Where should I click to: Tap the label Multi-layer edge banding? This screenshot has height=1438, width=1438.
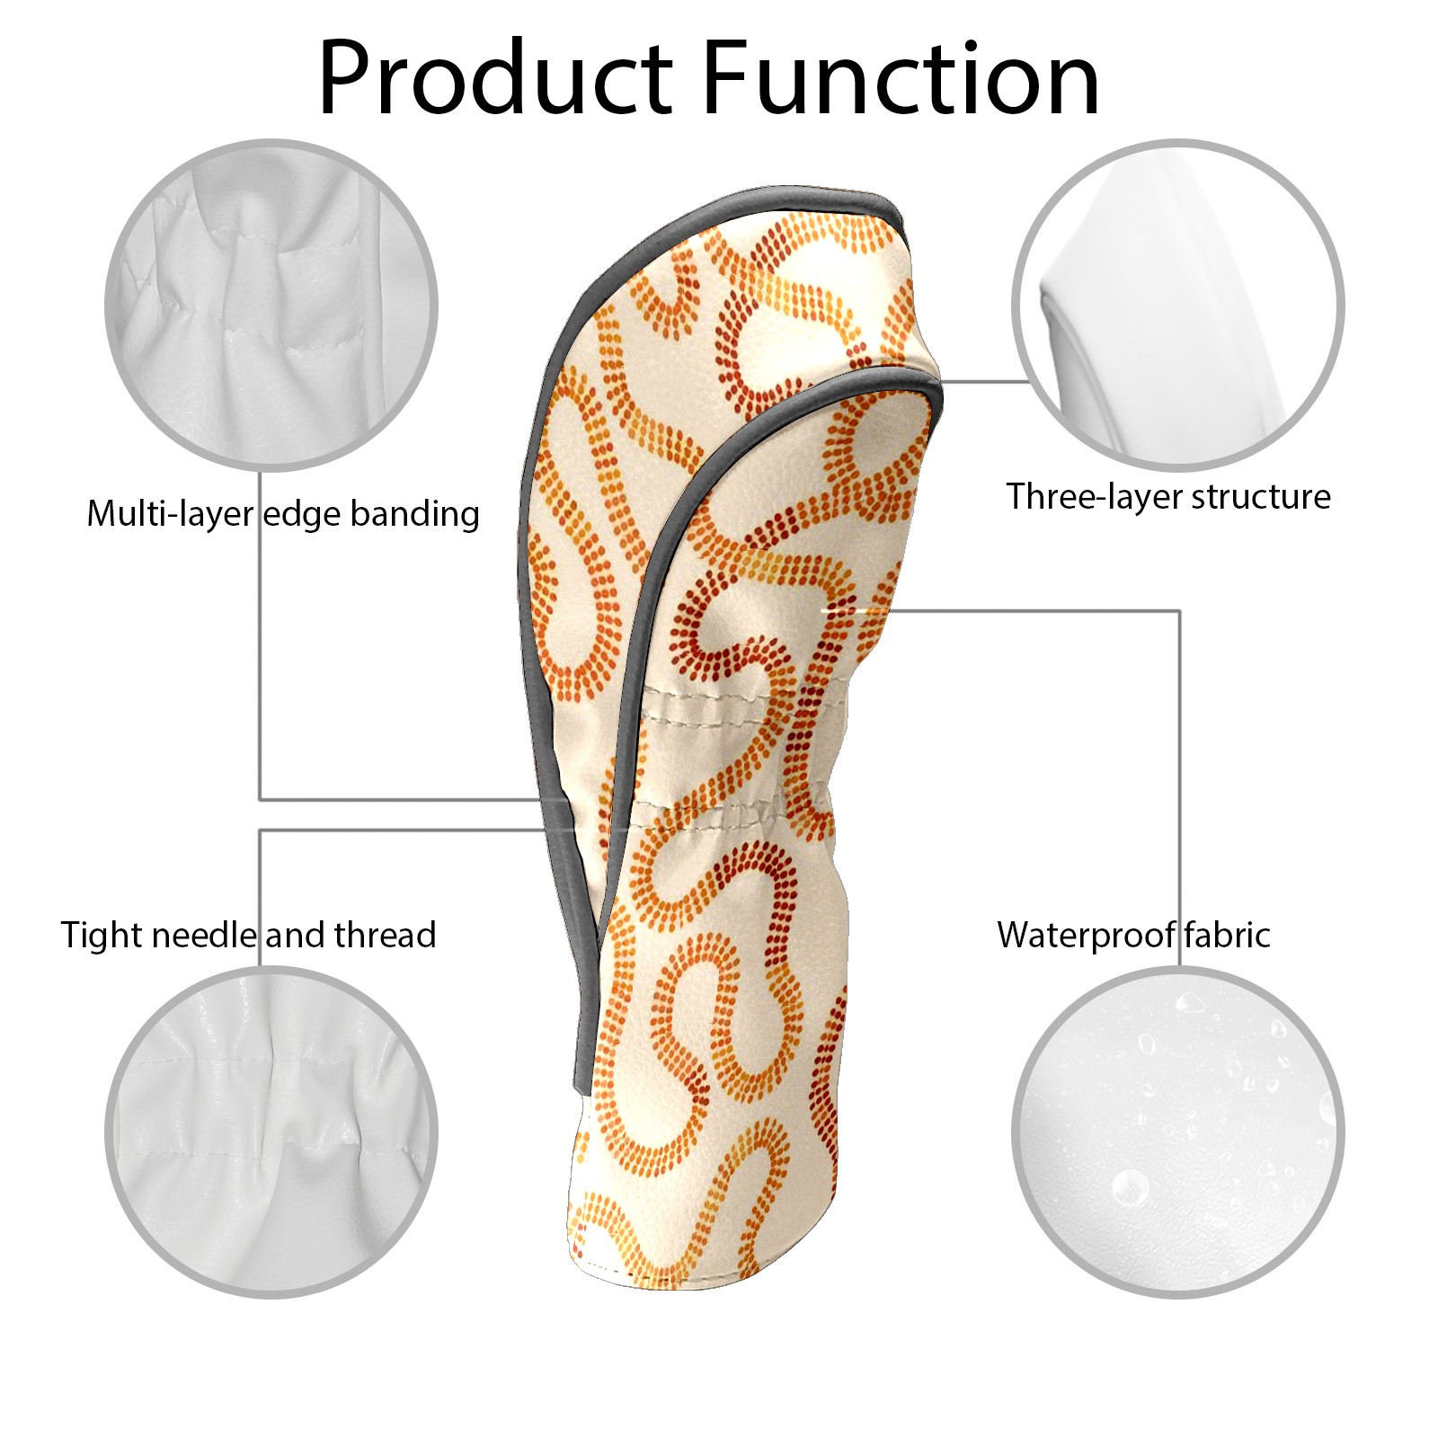(283, 514)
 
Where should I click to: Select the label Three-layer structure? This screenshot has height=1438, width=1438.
(1168, 496)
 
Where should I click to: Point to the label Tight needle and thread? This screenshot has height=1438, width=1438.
(249, 935)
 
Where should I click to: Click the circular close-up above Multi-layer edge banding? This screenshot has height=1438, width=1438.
(271, 305)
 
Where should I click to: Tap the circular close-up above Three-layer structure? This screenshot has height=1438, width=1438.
(1178, 305)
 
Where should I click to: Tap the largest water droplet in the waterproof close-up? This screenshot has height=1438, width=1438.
(1129, 1186)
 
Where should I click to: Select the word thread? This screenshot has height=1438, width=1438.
(386, 935)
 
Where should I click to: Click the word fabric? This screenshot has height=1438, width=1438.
(1227, 935)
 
